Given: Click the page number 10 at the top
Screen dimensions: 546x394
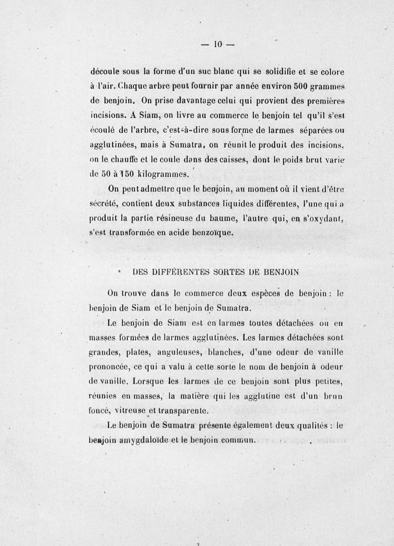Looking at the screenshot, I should [218, 44].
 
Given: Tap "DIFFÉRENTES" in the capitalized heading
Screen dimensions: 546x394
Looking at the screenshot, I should [159, 271].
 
